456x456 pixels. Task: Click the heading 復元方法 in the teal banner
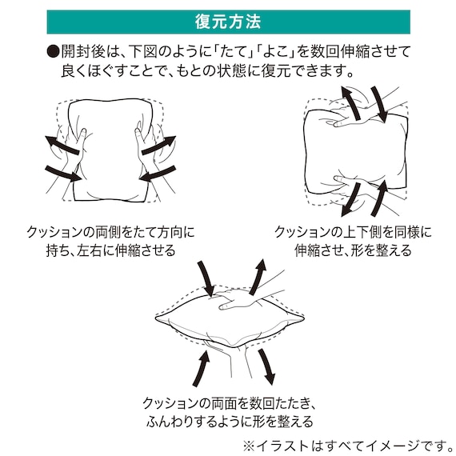(x=228, y=21)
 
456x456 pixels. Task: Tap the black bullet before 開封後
(x=54, y=52)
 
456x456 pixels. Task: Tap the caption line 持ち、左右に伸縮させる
(x=104, y=250)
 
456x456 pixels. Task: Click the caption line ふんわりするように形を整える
(x=227, y=421)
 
